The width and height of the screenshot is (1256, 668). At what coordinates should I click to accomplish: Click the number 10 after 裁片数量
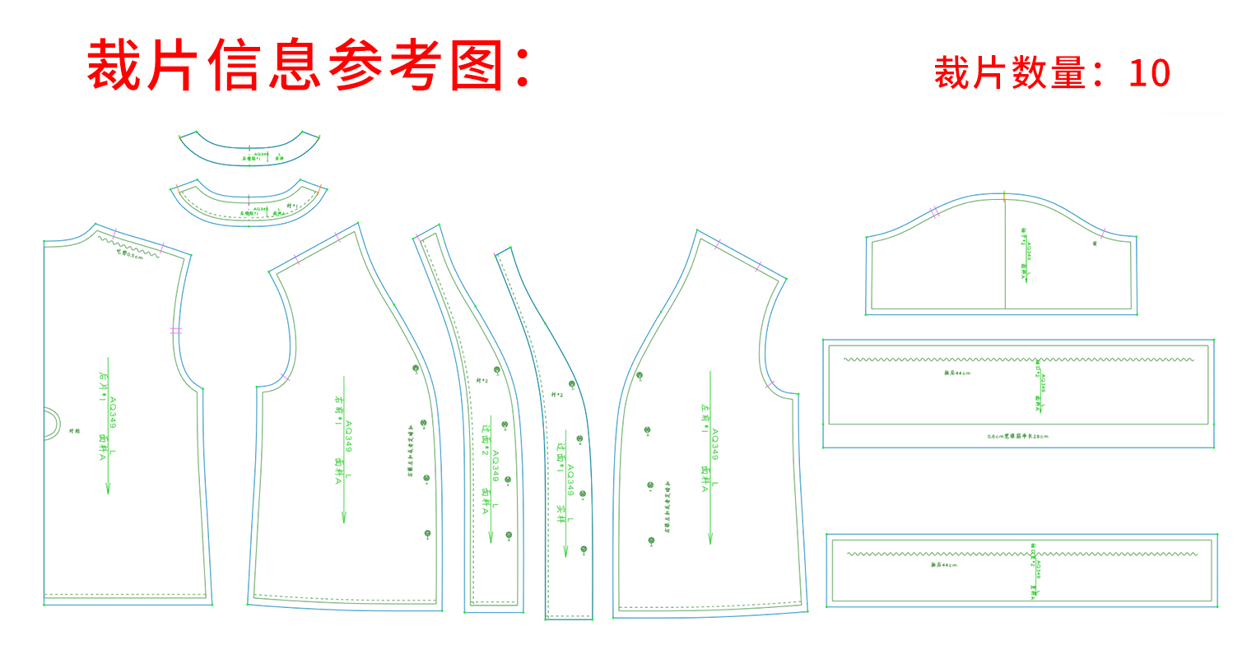coord(1149,74)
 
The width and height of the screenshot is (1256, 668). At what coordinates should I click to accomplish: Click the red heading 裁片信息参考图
coord(309,66)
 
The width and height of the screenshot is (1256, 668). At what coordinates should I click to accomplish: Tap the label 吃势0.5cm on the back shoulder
coord(129,254)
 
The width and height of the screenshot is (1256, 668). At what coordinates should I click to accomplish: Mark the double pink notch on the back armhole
coord(175,331)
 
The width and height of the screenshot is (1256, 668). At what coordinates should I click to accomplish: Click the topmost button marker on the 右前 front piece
coord(416,369)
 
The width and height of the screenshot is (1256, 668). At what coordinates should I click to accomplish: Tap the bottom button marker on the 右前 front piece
coord(427,535)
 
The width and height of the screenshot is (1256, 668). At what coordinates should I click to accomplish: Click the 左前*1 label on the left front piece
coord(705,414)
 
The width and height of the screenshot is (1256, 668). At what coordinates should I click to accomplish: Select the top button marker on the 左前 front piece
coord(640,376)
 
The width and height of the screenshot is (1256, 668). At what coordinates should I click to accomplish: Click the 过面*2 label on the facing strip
coord(485,440)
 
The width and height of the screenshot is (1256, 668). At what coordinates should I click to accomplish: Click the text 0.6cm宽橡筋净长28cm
coord(1017,436)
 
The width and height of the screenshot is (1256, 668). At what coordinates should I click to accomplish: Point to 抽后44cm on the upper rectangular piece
coord(957,373)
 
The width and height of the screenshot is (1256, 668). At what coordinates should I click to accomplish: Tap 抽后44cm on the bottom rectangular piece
coord(944,565)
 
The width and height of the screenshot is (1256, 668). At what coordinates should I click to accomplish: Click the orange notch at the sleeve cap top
coord(1004,196)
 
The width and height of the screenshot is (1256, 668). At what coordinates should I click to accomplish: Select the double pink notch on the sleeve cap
coord(935,212)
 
